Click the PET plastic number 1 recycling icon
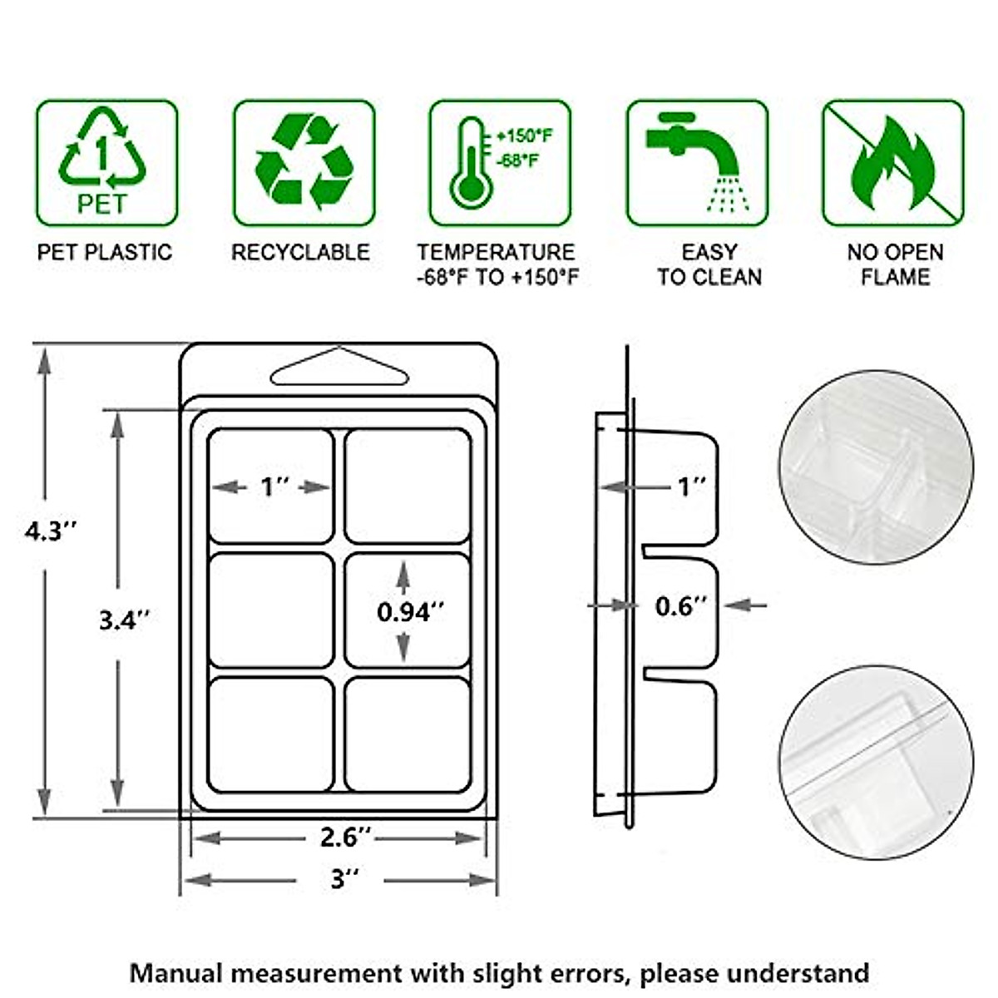pyautogui.click(x=106, y=163)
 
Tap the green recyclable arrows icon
pyautogui.click(x=304, y=163)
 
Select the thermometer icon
pyautogui.click(x=500, y=163)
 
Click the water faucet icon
pyautogui.click(x=697, y=163)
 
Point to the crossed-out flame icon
pyautogui.click(x=893, y=163)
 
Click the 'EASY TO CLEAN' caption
pyautogui.click(x=709, y=264)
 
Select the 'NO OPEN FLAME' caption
pyautogui.click(x=895, y=264)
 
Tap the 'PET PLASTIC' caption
pyautogui.click(x=105, y=253)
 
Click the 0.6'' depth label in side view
pyautogui.click(x=679, y=606)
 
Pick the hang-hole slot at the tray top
pyautogui.click(x=339, y=368)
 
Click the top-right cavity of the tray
pyautogui.click(x=408, y=486)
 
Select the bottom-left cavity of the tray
pyautogui.click(x=271, y=734)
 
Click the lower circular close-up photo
pyautogui.click(x=876, y=763)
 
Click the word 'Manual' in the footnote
pyautogui.click(x=175, y=972)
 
